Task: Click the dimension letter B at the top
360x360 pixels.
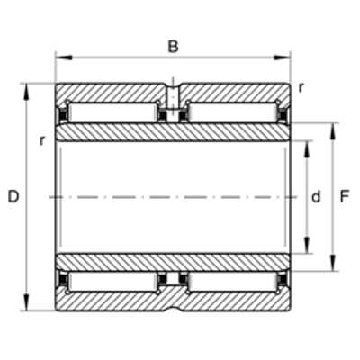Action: (x=173, y=47)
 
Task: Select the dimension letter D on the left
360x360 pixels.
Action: (x=13, y=197)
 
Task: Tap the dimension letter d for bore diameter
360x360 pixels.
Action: (x=316, y=197)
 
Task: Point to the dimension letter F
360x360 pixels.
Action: (x=345, y=197)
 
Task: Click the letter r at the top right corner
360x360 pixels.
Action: (x=301, y=87)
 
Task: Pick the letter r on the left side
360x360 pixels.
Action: (x=42, y=140)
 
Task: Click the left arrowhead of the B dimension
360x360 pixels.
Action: (x=64, y=58)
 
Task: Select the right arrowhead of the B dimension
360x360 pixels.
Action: (x=282, y=58)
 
